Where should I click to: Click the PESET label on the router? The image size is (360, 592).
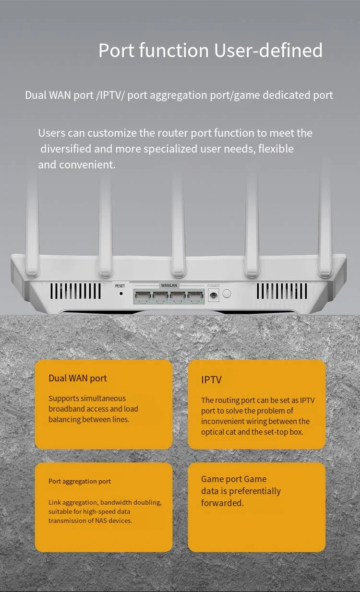click(120, 286)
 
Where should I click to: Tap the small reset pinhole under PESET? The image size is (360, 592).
click(120, 293)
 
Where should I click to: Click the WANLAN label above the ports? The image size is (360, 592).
click(169, 285)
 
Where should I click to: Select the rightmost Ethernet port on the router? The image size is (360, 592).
click(195, 297)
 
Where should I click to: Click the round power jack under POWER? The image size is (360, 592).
click(213, 296)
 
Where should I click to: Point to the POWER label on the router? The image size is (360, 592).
click(214, 286)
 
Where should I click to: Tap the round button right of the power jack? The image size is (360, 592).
click(227, 293)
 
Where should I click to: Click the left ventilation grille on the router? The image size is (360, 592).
click(76, 291)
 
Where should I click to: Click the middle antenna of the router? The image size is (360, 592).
click(179, 225)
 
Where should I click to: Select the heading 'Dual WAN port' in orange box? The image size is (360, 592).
click(78, 378)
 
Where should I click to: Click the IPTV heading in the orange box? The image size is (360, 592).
click(211, 380)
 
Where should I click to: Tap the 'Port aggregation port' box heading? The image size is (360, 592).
click(80, 481)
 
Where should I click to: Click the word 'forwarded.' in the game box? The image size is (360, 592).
click(222, 503)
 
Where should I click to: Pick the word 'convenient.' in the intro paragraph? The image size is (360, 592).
click(87, 165)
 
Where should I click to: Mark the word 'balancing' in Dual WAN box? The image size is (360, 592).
click(63, 419)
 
